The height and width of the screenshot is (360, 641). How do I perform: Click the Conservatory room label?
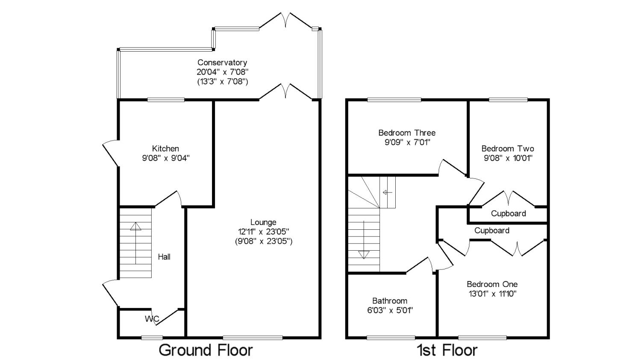(x=222, y=63)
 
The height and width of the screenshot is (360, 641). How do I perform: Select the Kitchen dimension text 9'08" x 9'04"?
(x=166, y=158)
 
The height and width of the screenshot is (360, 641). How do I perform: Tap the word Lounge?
(x=263, y=222)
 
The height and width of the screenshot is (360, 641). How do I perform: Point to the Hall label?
(x=164, y=257)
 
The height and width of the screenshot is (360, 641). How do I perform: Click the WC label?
(x=152, y=319)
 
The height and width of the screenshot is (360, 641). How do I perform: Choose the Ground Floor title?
(x=206, y=350)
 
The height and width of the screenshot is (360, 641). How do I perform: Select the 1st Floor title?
(x=447, y=350)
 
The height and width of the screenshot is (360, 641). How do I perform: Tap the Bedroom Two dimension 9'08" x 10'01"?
(x=508, y=158)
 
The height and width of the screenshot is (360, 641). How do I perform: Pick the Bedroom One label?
(x=492, y=284)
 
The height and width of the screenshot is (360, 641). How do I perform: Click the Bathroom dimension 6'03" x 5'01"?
(x=390, y=310)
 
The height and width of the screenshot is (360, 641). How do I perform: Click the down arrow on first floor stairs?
(x=364, y=254)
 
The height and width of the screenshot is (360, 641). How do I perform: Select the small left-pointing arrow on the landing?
(x=387, y=193)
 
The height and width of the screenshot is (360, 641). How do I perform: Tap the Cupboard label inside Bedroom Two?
(x=508, y=214)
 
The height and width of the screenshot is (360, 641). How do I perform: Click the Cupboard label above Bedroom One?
(x=492, y=231)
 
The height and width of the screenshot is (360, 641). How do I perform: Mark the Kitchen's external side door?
(x=110, y=152)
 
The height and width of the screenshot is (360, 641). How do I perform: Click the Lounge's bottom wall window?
(x=253, y=338)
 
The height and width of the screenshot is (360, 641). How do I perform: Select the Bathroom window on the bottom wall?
(x=391, y=338)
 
